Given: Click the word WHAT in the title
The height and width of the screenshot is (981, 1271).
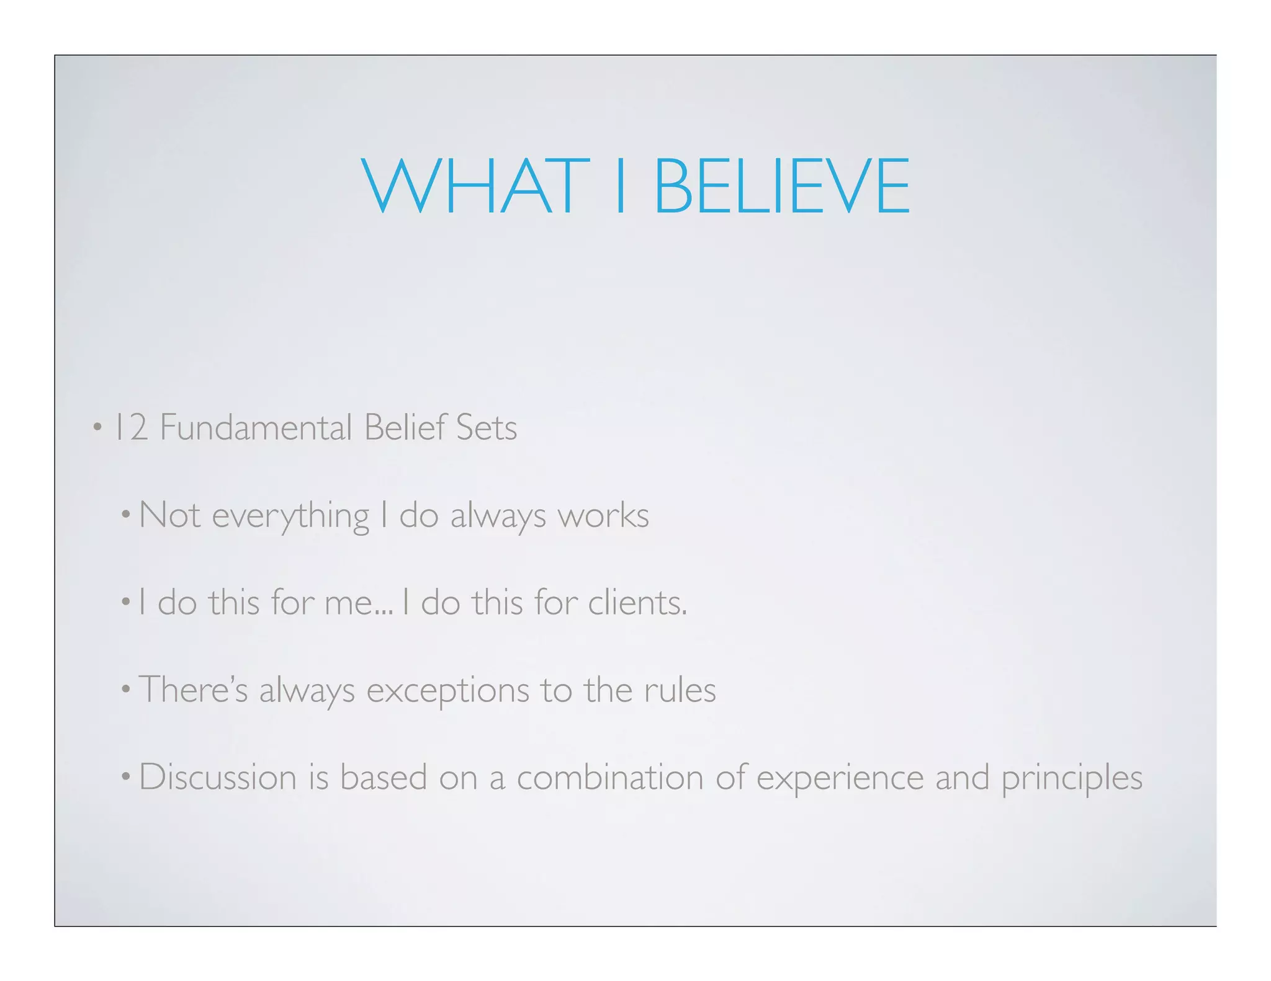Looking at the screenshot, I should point(475,186).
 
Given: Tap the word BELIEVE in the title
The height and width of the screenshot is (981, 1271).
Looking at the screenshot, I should point(782,186).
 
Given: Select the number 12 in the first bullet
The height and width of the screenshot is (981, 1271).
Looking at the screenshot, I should point(131,428).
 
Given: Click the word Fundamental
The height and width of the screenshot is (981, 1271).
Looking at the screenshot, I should point(256,428).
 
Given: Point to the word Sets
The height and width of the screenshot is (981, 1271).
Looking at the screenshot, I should point(486,428).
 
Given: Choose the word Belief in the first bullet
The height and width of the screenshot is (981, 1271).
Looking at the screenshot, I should point(405,428).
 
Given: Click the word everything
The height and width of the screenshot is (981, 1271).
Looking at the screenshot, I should point(290,516).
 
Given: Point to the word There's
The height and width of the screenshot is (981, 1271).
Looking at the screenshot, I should point(193,690).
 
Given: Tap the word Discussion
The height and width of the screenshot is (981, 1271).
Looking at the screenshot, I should point(218,778).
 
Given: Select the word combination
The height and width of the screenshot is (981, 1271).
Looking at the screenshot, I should point(610,778).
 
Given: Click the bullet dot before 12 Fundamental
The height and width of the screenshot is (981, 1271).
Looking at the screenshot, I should point(97,427).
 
